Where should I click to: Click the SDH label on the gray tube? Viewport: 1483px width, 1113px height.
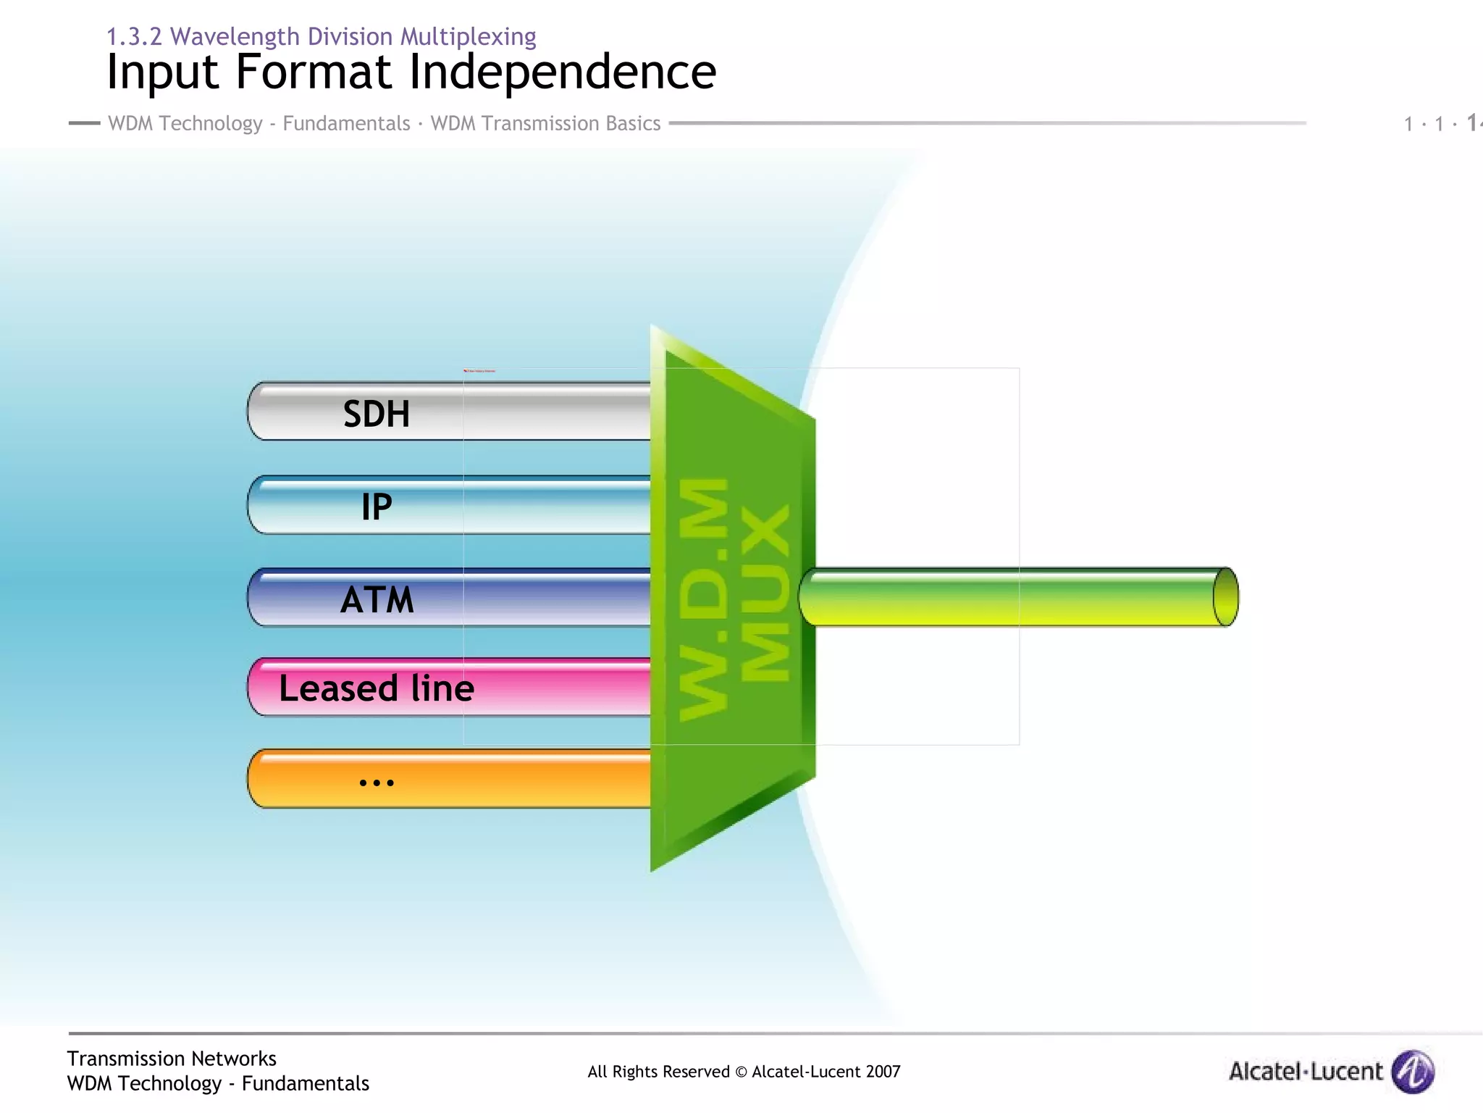376,414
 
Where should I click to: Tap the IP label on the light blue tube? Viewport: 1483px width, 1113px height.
377,507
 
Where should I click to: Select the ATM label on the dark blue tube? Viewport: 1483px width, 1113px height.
377,600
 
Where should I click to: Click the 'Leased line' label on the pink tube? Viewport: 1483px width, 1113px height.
377,688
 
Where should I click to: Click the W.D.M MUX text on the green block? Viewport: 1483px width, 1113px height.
733,598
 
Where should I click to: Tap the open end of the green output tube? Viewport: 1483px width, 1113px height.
1225,597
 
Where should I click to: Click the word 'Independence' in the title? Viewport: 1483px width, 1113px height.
563,72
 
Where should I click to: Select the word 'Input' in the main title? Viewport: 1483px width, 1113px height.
162,72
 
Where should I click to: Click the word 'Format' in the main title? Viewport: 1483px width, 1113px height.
314,72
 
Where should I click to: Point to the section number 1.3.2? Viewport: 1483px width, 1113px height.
134,36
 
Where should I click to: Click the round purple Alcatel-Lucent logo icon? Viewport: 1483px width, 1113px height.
1413,1071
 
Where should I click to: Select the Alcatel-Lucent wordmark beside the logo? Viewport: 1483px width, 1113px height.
1306,1071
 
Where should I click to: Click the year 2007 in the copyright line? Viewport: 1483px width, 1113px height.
882,1072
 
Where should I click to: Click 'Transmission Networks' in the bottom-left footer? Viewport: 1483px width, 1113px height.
172,1059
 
